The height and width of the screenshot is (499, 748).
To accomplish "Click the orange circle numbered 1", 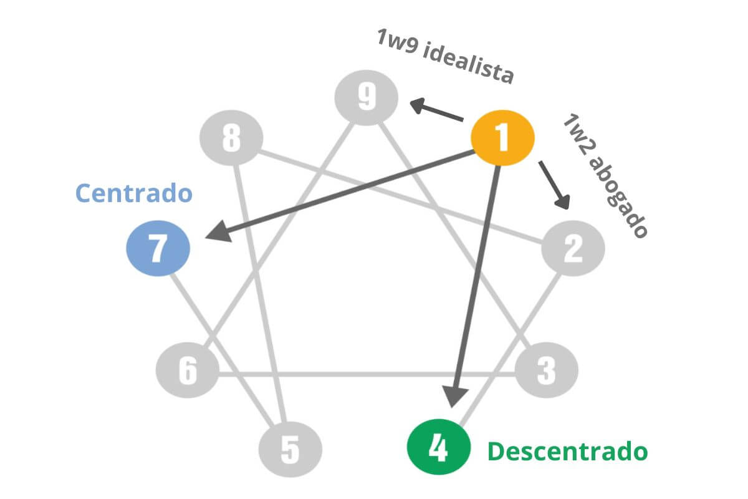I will tap(502, 139).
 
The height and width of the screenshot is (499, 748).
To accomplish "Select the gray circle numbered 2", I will tap(573, 249).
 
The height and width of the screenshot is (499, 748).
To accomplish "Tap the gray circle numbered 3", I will tap(547, 371).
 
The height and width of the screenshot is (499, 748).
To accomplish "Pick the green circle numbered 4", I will tap(438, 447).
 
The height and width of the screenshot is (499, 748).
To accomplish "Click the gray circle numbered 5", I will tap(290, 447).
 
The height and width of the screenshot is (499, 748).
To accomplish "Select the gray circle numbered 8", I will tap(231, 138).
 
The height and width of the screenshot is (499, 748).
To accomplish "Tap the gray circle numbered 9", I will tap(367, 97).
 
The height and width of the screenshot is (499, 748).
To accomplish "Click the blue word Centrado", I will tap(133, 193).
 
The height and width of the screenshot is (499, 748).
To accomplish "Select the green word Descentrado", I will tap(567, 451).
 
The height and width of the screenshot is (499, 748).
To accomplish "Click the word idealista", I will tap(468, 64).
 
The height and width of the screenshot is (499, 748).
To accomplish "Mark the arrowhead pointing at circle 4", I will tap(456, 395).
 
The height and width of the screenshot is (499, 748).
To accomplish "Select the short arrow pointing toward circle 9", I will tap(436, 110).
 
